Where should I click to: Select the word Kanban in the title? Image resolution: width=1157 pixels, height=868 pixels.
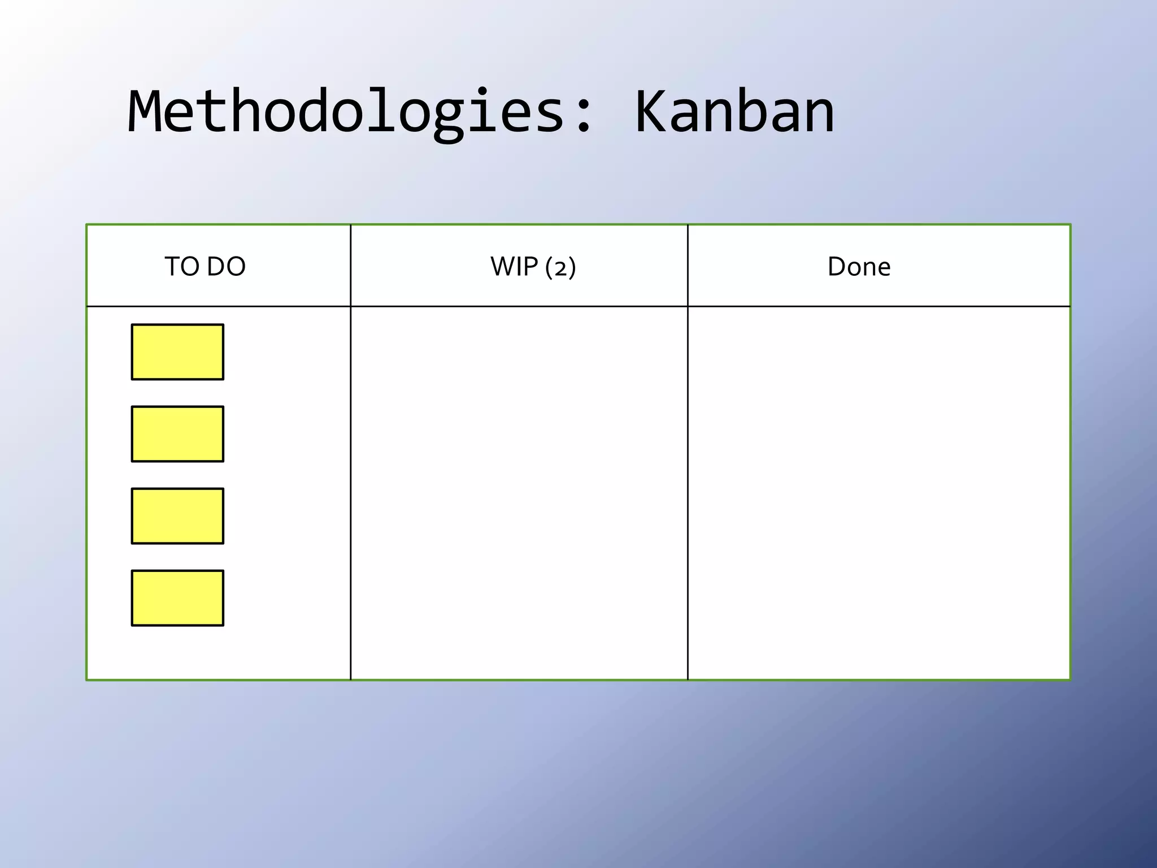click(734, 113)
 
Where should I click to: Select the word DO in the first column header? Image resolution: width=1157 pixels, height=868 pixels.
click(226, 266)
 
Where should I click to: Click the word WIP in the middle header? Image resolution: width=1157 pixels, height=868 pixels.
click(514, 266)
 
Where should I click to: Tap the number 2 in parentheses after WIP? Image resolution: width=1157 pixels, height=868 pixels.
click(560, 268)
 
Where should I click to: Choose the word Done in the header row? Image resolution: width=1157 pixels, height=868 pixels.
click(859, 266)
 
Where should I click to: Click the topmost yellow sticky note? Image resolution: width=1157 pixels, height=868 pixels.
click(177, 352)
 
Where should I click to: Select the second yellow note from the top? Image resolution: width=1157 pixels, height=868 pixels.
click(177, 434)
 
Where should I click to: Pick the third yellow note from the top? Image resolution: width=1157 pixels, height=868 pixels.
click(177, 516)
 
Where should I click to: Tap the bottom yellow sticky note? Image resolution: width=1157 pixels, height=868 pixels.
click(177, 598)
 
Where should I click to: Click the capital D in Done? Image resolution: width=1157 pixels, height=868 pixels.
click(837, 266)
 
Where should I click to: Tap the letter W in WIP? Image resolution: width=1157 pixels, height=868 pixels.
click(502, 266)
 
